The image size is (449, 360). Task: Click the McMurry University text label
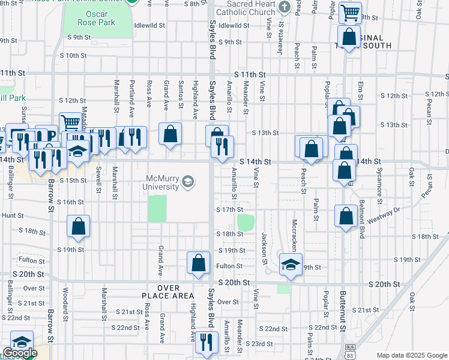click(x=163, y=182)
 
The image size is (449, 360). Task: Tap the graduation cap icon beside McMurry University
click(x=188, y=181)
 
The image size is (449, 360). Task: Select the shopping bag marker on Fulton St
click(x=198, y=263)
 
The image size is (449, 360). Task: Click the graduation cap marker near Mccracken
click(x=291, y=265)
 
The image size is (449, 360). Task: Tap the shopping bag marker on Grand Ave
click(x=170, y=134)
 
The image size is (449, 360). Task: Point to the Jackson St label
click(x=264, y=248)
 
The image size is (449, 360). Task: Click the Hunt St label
click(x=13, y=215)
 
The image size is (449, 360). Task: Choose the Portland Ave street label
click(x=131, y=95)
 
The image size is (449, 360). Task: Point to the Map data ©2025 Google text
click(x=411, y=355)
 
